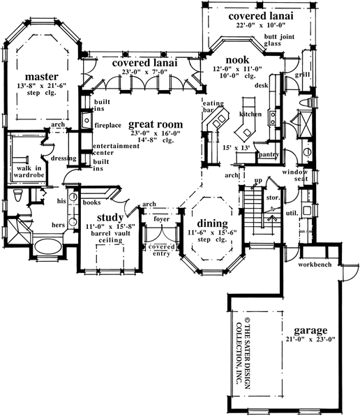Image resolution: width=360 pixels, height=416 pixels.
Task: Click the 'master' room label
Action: [40, 75]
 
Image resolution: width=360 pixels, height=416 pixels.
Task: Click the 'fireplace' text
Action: [110, 126]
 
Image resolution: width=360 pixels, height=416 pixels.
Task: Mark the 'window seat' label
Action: [295, 175]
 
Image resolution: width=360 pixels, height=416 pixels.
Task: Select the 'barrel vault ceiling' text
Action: [102, 237]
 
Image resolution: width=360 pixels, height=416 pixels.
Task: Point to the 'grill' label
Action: [302, 73]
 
